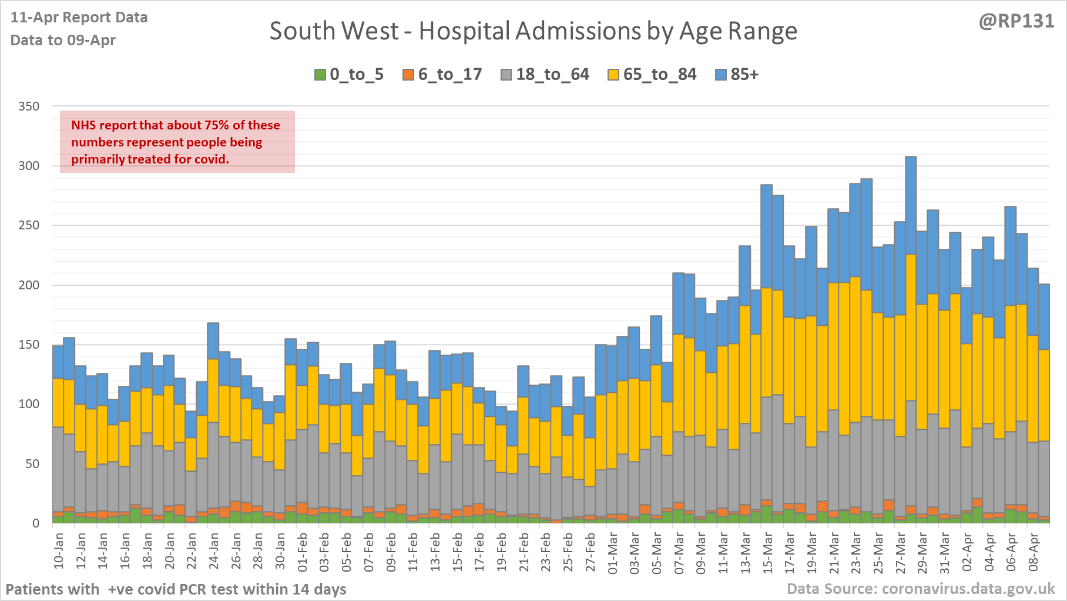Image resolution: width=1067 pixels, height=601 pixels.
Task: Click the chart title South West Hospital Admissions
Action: pos(533,31)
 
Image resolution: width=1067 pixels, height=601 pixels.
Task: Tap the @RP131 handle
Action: pos(1016,21)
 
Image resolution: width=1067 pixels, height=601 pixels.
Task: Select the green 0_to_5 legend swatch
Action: pos(320,75)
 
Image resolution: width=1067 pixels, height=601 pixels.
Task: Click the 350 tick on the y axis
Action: pos(29,106)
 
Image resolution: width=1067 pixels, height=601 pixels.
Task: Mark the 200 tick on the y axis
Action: pos(29,285)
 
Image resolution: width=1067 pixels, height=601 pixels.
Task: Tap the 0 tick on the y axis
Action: pos(36,523)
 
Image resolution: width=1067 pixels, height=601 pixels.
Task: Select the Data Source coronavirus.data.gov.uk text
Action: pos(921,589)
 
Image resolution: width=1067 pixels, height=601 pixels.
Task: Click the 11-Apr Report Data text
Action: pos(79,18)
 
